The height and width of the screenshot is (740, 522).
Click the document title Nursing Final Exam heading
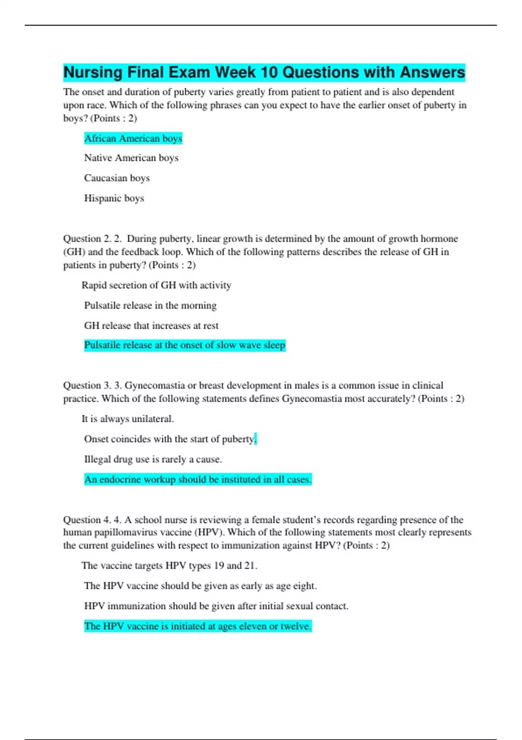coord(264,72)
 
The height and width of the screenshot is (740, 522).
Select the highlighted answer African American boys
coord(133,138)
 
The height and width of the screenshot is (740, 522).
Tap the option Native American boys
coord(131,158)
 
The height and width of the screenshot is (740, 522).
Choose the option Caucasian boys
coord(117,178)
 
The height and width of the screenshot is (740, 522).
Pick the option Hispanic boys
coord(114,198)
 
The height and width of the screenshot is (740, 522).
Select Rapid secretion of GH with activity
coord(156,285)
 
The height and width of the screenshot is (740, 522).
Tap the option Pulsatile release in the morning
coord(150,306)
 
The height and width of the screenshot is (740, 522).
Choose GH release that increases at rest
coord(151,326)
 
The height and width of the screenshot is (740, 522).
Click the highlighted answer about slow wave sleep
coord(184,345)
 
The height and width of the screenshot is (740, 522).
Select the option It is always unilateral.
coord(127,419)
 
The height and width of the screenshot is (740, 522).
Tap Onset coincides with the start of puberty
coord(169,439)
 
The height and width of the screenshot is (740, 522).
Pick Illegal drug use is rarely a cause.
coord(153,459)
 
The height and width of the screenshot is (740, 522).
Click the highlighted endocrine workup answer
coord(197,479)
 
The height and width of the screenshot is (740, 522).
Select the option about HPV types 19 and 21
coord(169,565)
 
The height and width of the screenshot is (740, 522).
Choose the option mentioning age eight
coord(200,586)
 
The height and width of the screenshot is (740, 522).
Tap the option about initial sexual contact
coord(216,606)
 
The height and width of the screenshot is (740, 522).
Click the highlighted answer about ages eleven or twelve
coord(197,626)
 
